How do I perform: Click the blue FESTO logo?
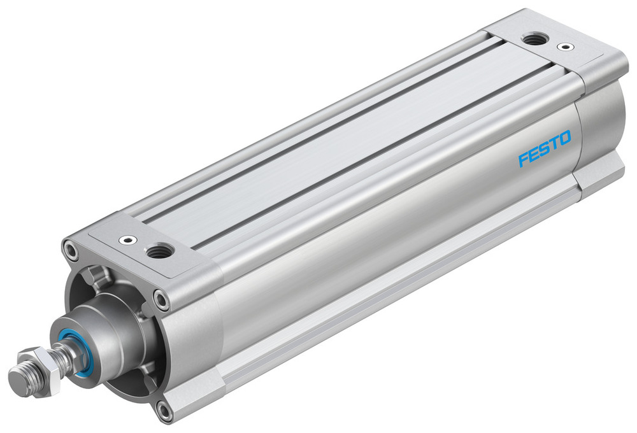pos(544,148)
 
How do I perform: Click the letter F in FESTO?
pos(524,158)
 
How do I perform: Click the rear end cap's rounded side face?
pos(599,127)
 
